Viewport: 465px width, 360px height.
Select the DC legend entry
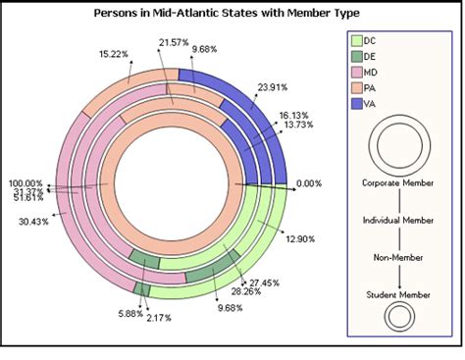pyautogui.click(x=370, y=40)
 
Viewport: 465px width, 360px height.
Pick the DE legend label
pyautogui.click(x=370, y=58)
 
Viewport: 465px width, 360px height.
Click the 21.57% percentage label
pyautogui.click(x=173, y=41)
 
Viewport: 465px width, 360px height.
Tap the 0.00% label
pyautogui.click(x=308, y=183)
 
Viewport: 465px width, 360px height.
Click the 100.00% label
pyautogui.click(x=26, y=183)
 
